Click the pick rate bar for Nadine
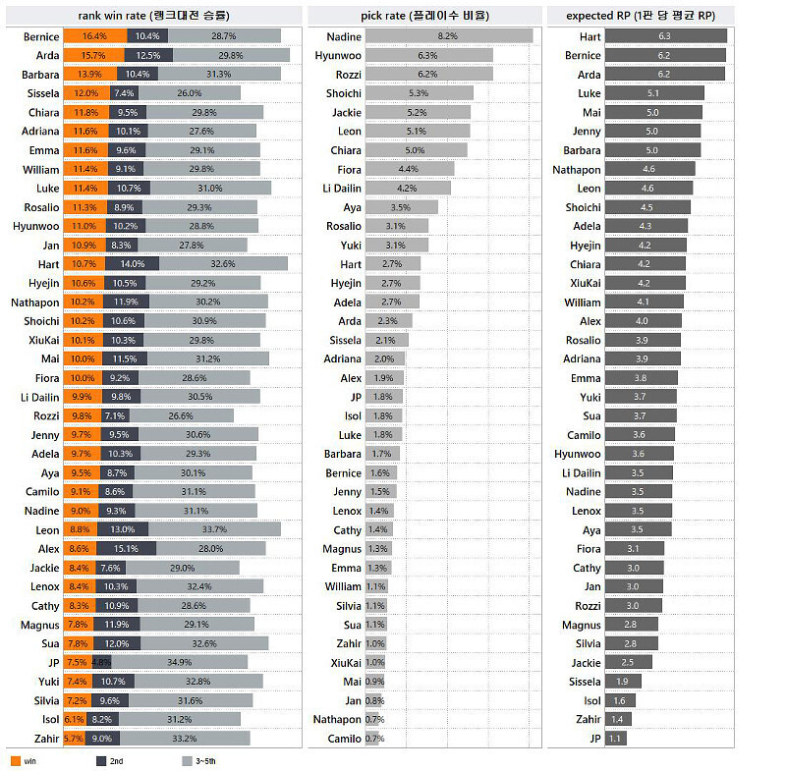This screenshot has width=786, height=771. [x=449, y=36]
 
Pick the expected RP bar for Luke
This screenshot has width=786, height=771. [x=654, y=93]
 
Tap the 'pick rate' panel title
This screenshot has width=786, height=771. [x=424, y=15]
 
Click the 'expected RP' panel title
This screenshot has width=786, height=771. [x=652, y=15]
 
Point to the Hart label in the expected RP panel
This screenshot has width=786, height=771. [x=589, y=36]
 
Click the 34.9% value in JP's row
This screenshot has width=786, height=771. [x=180, y=662]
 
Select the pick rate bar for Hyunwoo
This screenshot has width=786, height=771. [x=429, y=55]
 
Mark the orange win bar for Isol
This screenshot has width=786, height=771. [x=75, y=719]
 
